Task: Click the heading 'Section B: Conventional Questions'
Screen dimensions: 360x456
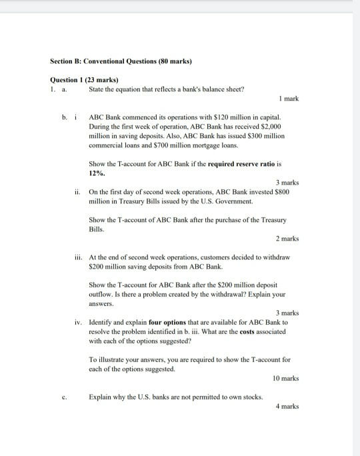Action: tap(121, 61)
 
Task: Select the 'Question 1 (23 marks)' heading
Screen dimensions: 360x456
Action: tap(80, 79)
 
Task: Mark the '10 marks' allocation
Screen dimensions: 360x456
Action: tap(285, 378)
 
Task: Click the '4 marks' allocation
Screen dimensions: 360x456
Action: tap(287, 406)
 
